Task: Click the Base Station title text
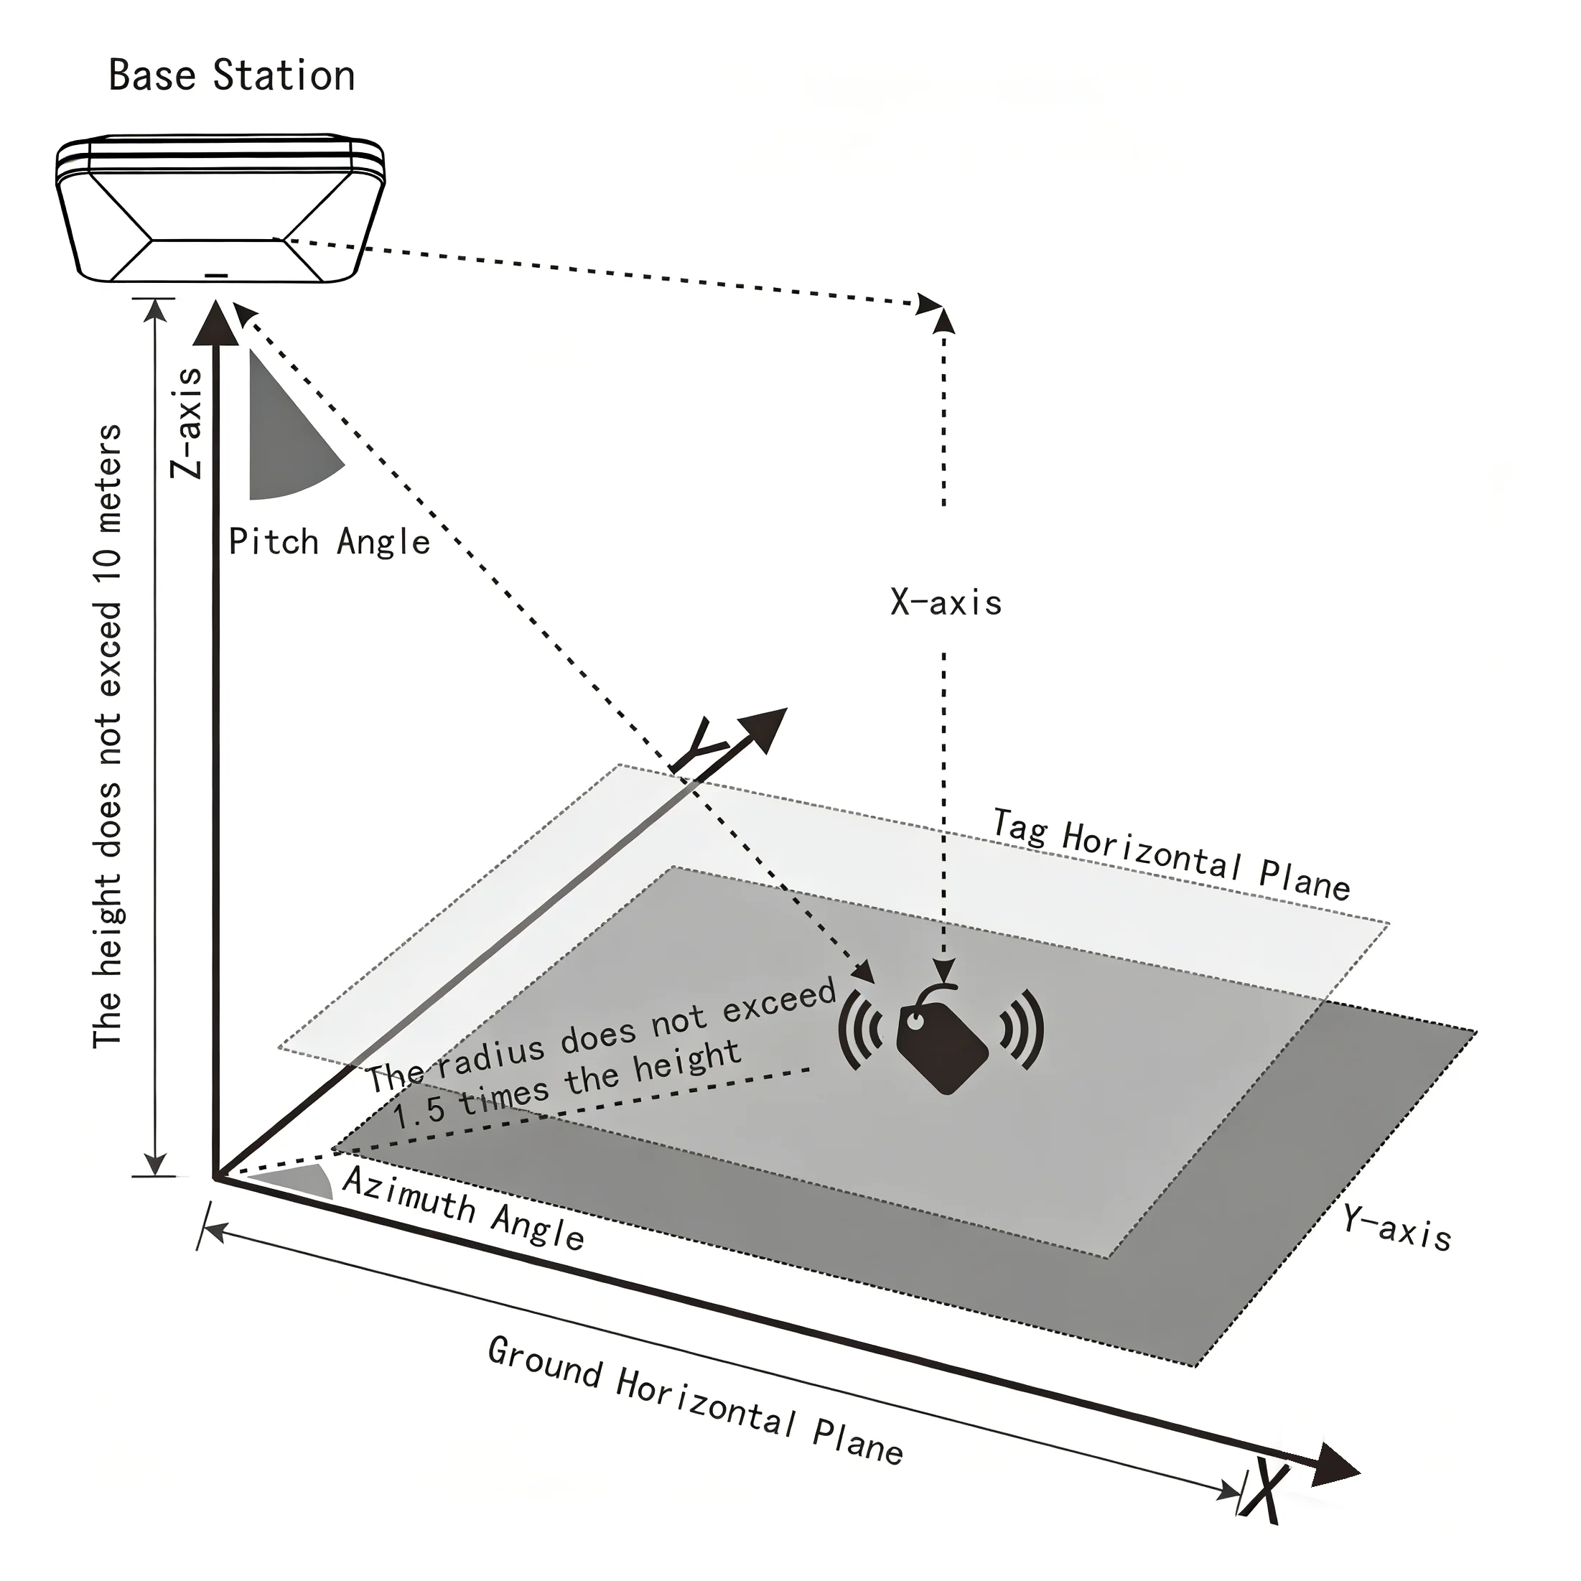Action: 232,75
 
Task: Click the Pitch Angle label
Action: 329,542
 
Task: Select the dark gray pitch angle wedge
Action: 282,442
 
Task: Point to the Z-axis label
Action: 187,423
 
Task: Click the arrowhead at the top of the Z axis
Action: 217,323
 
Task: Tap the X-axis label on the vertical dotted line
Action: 946,603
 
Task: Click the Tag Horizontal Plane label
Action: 1171,854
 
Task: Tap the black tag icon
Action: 942,1044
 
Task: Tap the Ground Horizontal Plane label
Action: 696,1400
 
